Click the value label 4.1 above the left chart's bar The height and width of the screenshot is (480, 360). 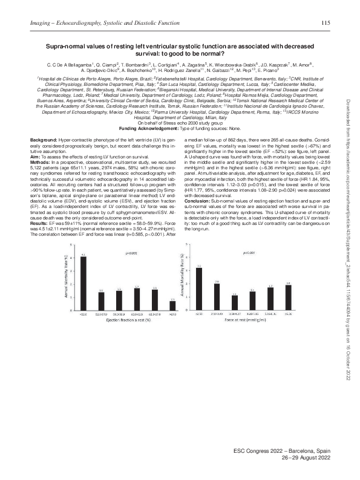[83, 255]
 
